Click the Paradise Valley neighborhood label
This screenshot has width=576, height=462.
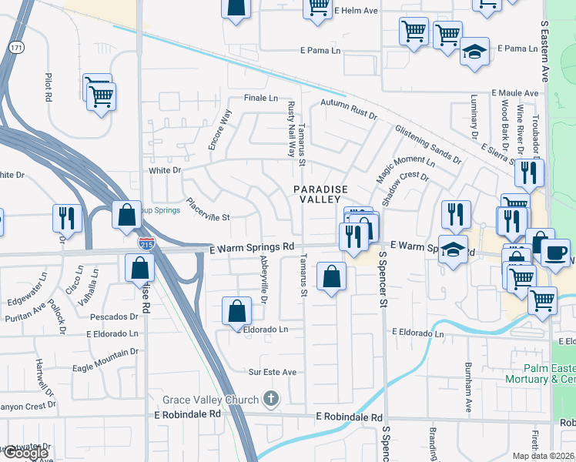pos(320,193)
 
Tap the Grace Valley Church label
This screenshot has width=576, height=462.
pos(211,400)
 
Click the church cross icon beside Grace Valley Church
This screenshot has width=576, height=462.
pos(270,399)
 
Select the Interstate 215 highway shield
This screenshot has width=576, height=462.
pos(146,243)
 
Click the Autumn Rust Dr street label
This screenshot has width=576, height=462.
pos(348,109)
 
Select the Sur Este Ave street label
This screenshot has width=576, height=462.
pos(272,372)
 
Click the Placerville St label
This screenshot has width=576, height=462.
pos(205,217)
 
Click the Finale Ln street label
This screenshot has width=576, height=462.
pos(260,98)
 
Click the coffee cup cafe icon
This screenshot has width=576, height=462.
pos(556,252)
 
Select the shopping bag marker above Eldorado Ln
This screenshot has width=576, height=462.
pos(237,311)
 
